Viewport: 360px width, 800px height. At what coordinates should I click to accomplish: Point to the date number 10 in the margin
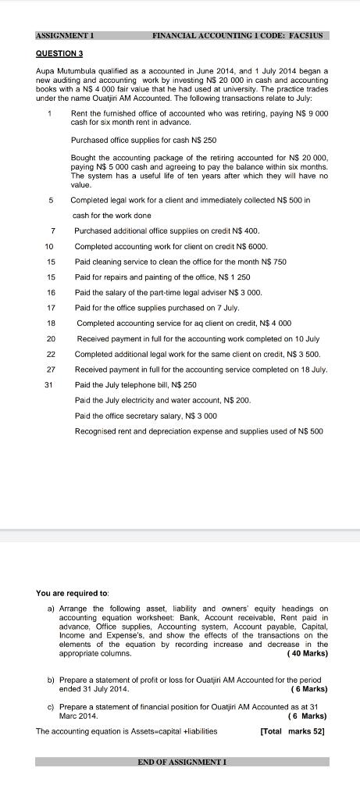pos(48,246)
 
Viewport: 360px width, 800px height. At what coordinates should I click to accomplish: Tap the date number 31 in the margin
pos(48,384)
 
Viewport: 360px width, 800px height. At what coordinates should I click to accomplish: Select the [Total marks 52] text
pos(291,731)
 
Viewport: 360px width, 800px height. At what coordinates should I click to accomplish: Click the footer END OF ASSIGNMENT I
pos(182,761)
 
